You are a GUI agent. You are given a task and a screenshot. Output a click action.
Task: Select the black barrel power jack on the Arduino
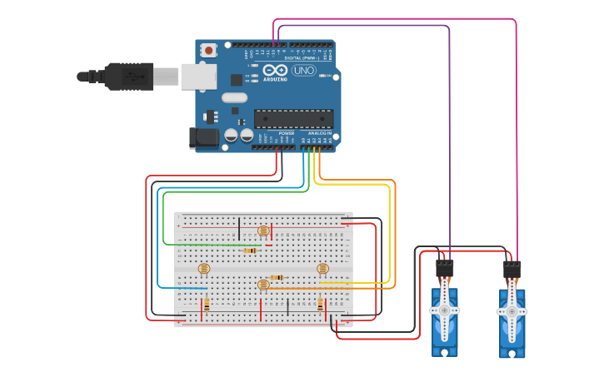pyautogui.click(x=203, y=137)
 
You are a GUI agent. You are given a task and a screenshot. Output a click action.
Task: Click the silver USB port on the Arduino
pyautogui.click(x=198, y=77)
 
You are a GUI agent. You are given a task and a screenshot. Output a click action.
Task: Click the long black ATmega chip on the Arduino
pyautogui.click(x=293, y=119)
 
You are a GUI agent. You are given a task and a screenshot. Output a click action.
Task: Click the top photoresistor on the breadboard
pyautogui.click(x=263, y=231)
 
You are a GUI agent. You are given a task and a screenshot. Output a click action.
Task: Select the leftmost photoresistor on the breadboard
pyautogui.click(x=203, y=268)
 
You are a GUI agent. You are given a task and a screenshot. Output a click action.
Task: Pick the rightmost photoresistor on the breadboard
pyautogui.click(x=322, y=268)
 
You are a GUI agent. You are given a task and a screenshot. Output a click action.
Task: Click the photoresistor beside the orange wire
pyautogui.click(x=263, y=285)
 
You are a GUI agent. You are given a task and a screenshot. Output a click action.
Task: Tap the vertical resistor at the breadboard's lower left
pyautogui.click(x=207, y=305)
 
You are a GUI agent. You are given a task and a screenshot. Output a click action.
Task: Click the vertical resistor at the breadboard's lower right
pyautogui.click(x=321, y=305)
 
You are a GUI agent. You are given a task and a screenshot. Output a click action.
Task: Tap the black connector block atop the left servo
pyautogui.click(x=445, y=269)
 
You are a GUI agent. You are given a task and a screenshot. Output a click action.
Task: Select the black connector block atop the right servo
pyautogui.click(x=512, y=270)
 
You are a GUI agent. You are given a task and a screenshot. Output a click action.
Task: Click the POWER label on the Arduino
pyautogui.click(x=286, y=133)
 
